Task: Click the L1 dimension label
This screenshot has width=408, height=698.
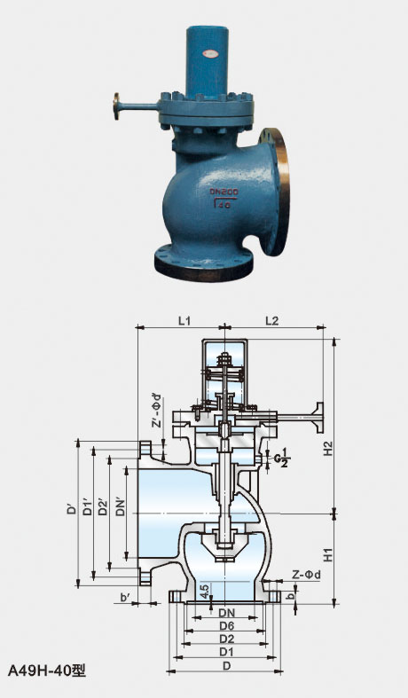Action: pos(184,320)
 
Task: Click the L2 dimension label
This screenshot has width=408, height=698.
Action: pos(271,320)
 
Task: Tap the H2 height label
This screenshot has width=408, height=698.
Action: pos(328,448)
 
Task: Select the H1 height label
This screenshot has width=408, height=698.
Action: pos(328,555)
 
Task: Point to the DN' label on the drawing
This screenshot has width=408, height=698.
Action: pos(120,506)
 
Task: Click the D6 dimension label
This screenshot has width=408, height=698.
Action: pos(227,625)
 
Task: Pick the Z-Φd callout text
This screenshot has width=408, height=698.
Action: pos(307,575)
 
